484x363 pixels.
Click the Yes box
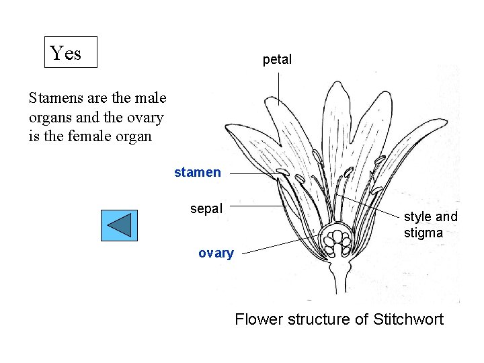coord(71,52)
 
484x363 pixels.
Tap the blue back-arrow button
coord(119,225)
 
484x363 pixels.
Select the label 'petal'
coord(277,59)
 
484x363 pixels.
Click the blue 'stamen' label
coord(197,172)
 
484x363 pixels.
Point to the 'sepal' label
coord(206,208)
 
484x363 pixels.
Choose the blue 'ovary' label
coord(216,253)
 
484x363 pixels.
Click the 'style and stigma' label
coord(430,225)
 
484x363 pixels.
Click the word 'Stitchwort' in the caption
coord(408,319)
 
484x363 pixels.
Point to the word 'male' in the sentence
coord(151,98)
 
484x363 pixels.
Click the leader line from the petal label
coord(279,87)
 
